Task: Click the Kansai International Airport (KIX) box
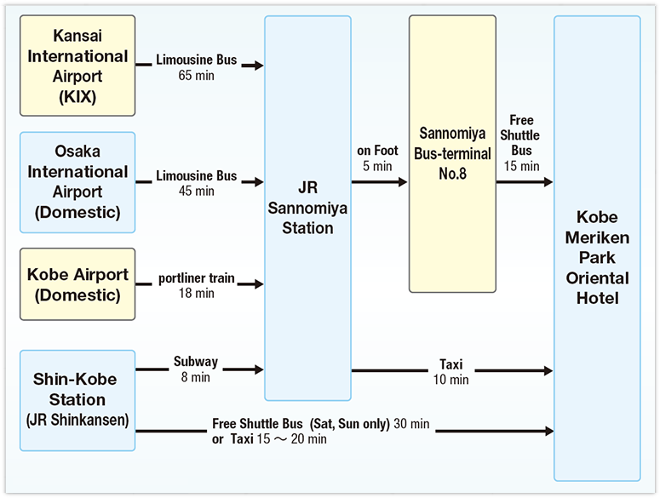[77, 66]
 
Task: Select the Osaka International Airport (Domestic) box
[77, 181]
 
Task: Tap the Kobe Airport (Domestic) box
[77, 284]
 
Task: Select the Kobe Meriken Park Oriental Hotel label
[596, 258]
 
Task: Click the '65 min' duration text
[197, 76]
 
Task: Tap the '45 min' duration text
[197, 191]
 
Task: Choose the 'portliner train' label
[197, 279]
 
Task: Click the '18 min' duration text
[197, 294]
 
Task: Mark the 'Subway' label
[196, 362]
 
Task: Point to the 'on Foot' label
[377, 151]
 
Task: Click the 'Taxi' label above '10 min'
[451, 365]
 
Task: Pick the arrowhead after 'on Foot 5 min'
[401, 181]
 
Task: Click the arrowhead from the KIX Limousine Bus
[258, 65]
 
